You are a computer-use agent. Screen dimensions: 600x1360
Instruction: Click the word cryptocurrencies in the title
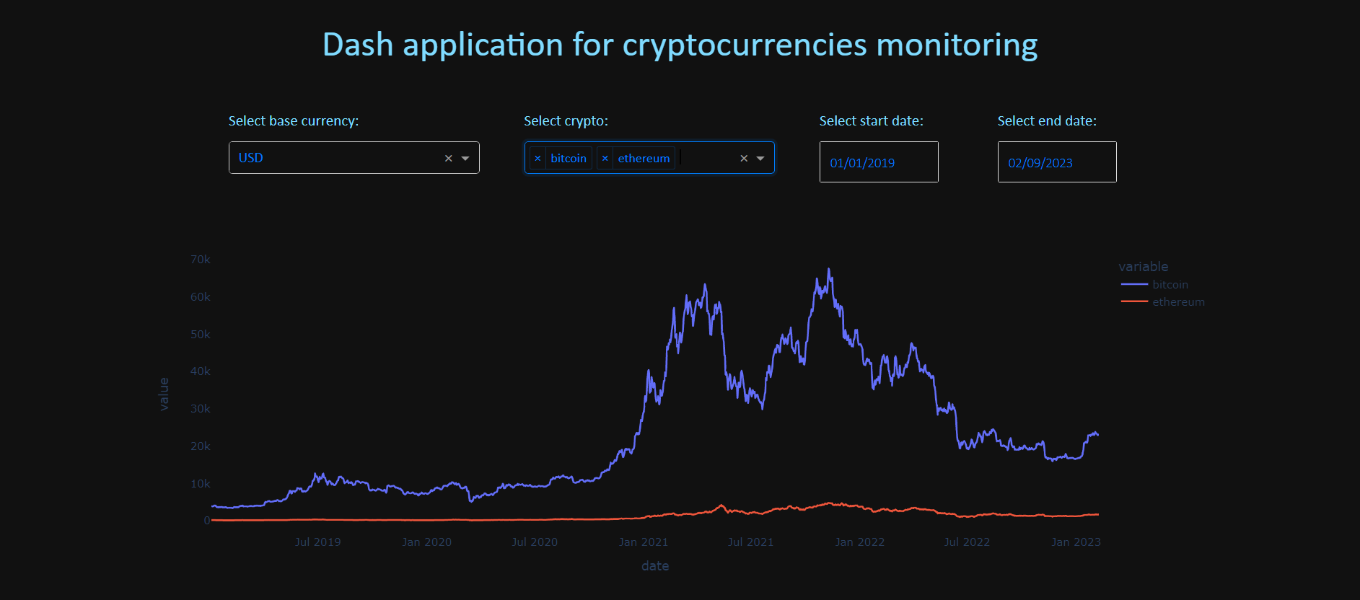click(x=745, y=45)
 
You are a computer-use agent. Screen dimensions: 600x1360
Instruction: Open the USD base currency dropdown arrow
click(x=465, y=159)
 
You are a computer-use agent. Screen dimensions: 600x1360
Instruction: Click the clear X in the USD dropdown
click(x=448, y=159)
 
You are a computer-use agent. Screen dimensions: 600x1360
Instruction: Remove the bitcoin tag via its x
click(x=538, y=159)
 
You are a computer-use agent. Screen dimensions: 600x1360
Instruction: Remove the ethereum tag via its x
click(x=605, y=159)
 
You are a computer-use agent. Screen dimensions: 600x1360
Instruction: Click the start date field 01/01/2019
click(x=878, y=163)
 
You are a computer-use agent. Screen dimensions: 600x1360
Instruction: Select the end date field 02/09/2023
click(x=1056, y=163)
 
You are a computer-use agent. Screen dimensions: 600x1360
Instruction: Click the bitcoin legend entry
click(x=1170, y=285)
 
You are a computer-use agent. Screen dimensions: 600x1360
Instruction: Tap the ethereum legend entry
click(x=1177, y=302)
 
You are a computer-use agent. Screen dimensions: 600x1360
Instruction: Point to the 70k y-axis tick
click(x=200, y=260)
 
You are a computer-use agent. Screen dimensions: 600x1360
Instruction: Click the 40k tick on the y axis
click(x=200, y=371)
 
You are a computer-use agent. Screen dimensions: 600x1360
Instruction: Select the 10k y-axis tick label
click(x=200, y=484)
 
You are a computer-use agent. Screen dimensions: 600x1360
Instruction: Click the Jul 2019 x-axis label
click(x=317, y=542)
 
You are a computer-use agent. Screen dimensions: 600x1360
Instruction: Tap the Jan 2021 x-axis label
click(x=643, y=542)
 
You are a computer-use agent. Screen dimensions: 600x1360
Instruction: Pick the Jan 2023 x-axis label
click(x=1075, y=542)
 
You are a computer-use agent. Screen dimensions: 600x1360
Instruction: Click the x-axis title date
click(x=654, y=566)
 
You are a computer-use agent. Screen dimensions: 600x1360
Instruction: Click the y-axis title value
click(x=164, y=394)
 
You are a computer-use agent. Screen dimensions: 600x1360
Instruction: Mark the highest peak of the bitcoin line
click(x=829, y=270)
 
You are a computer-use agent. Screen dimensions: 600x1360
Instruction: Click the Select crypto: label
click(x=566, y=121)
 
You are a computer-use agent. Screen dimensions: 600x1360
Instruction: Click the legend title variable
click(x=1143, y=267)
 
